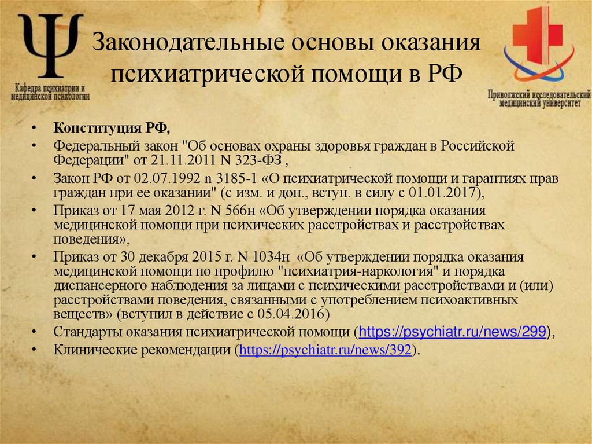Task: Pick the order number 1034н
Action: (x=272, y=257)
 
